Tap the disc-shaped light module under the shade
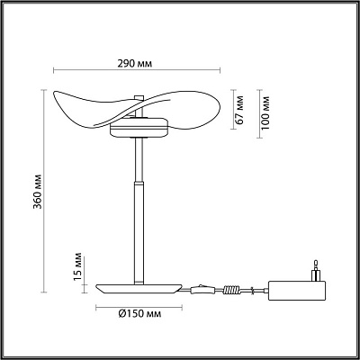click(x=139, y=129)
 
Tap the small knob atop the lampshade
click(x=139, y=97)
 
